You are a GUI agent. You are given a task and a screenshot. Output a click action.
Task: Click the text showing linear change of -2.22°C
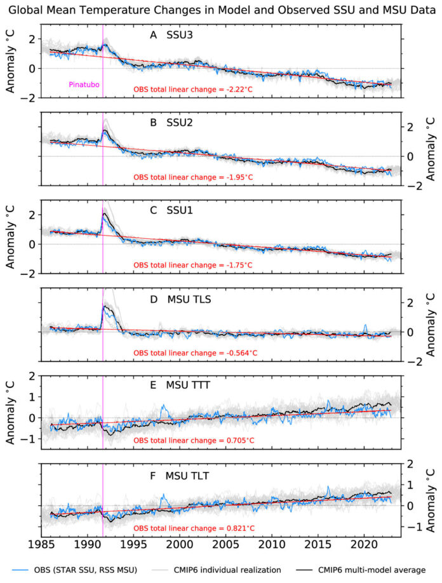(x=193, y=90)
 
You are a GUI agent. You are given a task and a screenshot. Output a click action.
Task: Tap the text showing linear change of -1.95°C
(x=193, y=177)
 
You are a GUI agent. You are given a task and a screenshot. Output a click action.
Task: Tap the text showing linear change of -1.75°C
(x=193, y=265)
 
